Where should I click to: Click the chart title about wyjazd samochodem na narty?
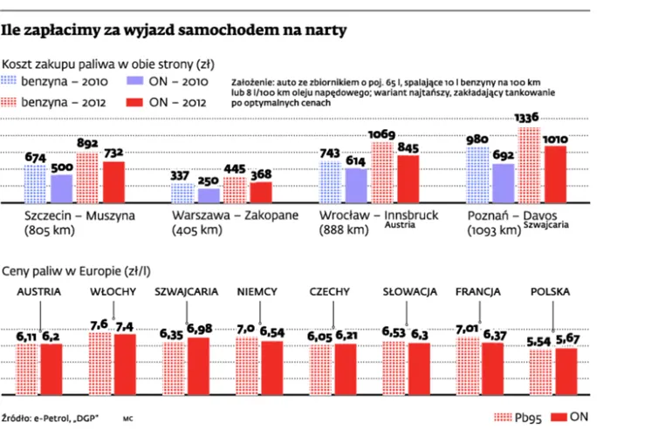(175, 31)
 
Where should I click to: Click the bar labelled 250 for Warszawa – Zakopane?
(208, 195)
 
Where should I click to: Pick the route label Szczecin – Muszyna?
(79, 215)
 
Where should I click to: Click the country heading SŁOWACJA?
(409, 291)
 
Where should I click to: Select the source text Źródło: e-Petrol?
(51, 419)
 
